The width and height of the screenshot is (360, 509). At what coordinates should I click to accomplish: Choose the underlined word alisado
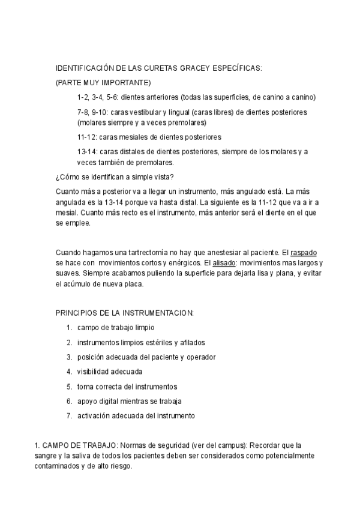coord(221,264)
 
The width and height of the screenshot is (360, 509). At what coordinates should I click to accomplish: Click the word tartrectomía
coord(155,253)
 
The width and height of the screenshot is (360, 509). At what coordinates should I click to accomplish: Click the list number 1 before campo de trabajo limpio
coord(70,328)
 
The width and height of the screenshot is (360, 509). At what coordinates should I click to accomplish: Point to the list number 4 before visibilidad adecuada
coord(70,372)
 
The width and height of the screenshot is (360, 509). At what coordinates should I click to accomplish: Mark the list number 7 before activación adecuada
coord(70,415)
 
